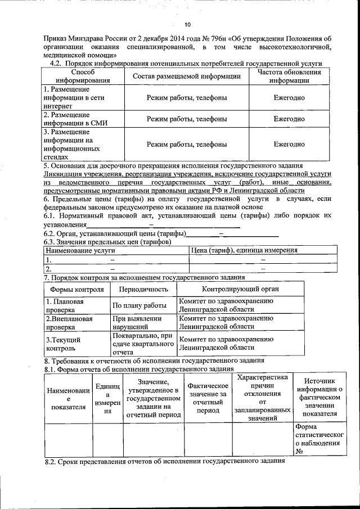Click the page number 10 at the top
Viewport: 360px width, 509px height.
coord(188,24)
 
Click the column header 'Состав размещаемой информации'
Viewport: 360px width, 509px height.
coord(187,76)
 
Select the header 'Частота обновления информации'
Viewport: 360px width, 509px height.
coord(289,76)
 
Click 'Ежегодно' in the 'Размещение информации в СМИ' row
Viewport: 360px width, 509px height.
coord(289,119)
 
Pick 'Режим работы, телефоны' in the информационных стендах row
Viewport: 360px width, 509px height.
coord(187,144)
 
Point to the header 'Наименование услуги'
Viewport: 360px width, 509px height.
coord(80,250)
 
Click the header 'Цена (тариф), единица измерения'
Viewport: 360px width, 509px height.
coord(244,250)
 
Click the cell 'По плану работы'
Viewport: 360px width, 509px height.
coord(139,305)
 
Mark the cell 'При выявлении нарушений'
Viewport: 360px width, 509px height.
coord(137,322)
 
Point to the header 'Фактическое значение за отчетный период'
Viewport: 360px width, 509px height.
coord(208,398)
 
